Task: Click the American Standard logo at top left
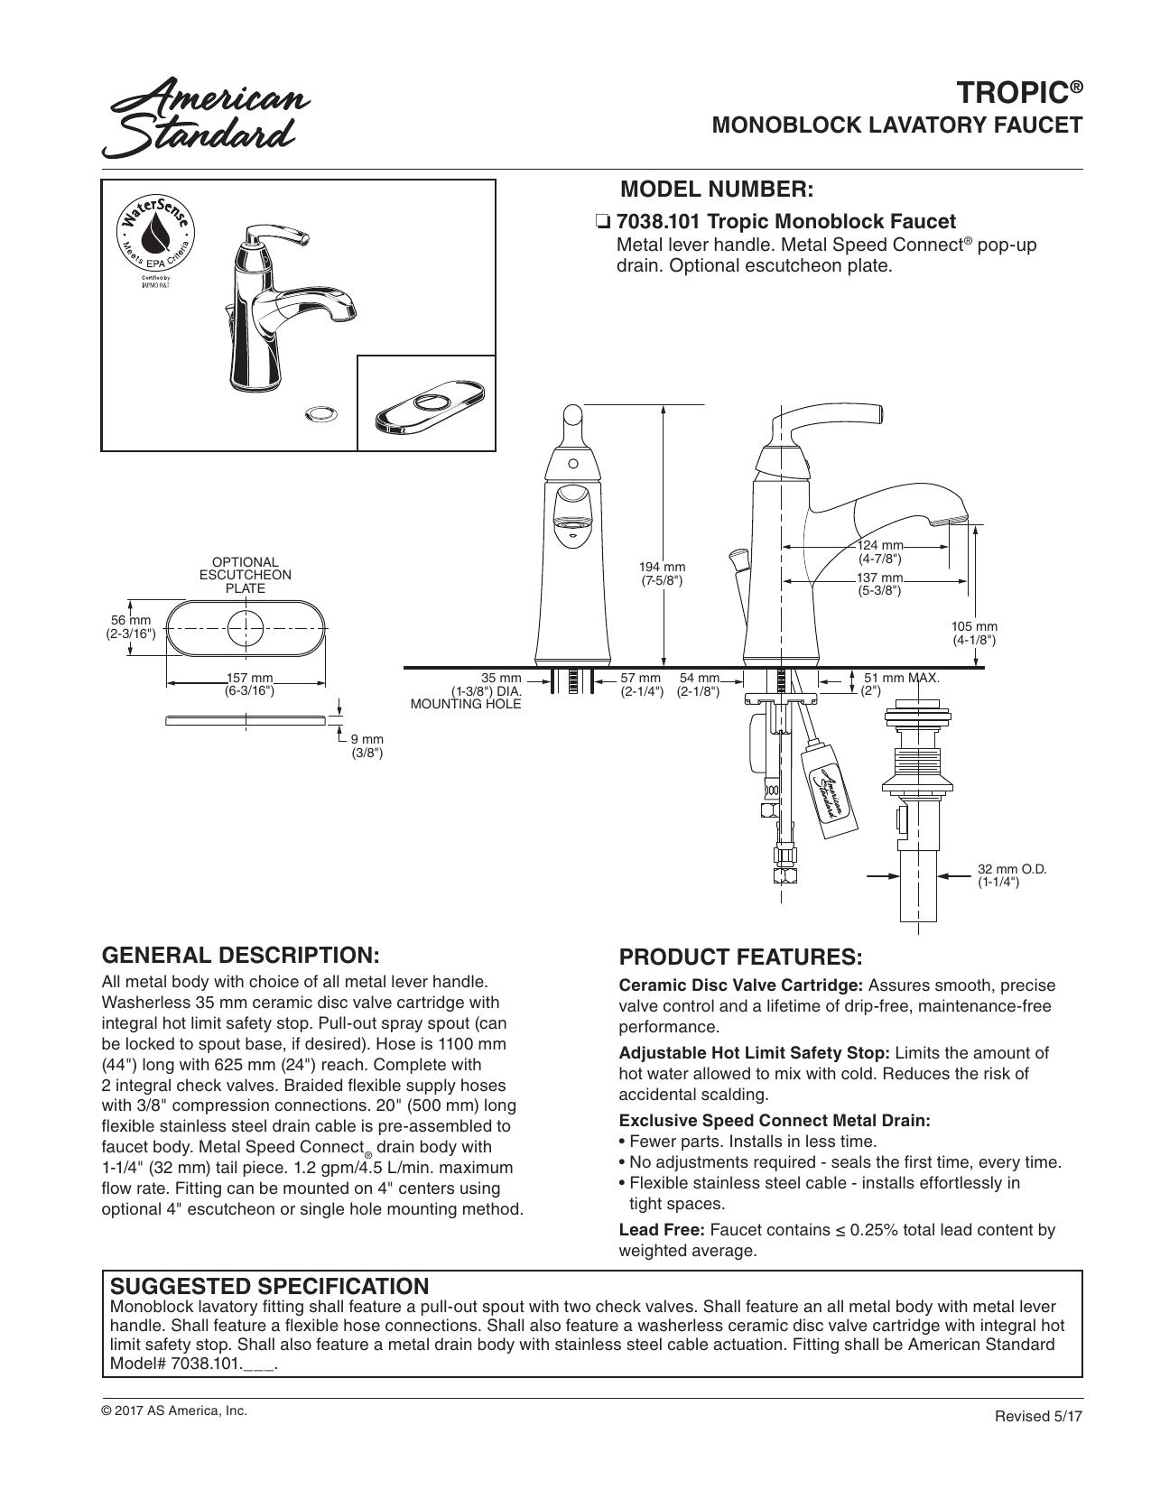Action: pyautogui.click(x=206, y=116)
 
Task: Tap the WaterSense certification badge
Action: pyautogui.click(x=155, y=236)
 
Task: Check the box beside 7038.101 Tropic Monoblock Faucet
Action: pyautogui.click(x=601, y=222)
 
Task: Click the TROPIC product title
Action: pyautogui.click(x=1019, y=92)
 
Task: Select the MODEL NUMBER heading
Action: pyautogui.click(x=717, y=190)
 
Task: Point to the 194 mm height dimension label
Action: pyautogui.click(x=663, y=574)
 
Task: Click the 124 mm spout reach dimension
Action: pyautogui.click(x=879, y=551)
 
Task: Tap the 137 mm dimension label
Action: pyautogui.click(x=879, y=584)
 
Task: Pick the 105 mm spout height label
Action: pyautogui.click(x=974, y=634)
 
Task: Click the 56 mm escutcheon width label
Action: pyautogui.click(x=131, y=627)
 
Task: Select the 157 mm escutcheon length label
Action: pyautogui.click(x=249, y=685)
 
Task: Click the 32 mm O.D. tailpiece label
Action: pyautogui.click(x=1012, y=875)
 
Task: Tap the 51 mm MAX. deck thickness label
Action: pyautogui.click(x=900, y=684)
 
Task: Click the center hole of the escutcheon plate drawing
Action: pyautogui.click(x=246, y=627)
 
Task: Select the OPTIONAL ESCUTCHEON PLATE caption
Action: pyautogui.click(x=246, y=575)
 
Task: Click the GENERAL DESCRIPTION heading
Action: pyautogui.click(x=240, y=955)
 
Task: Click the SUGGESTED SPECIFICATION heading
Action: pyautogui.click(x=269, y=1285)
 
